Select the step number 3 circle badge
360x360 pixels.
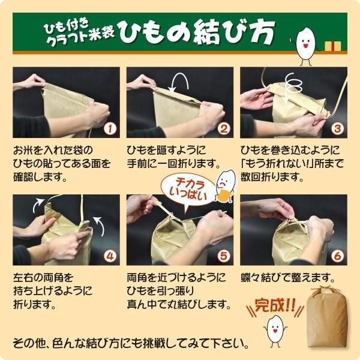[x=337, y=128]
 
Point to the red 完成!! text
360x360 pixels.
[x=272, y=305]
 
